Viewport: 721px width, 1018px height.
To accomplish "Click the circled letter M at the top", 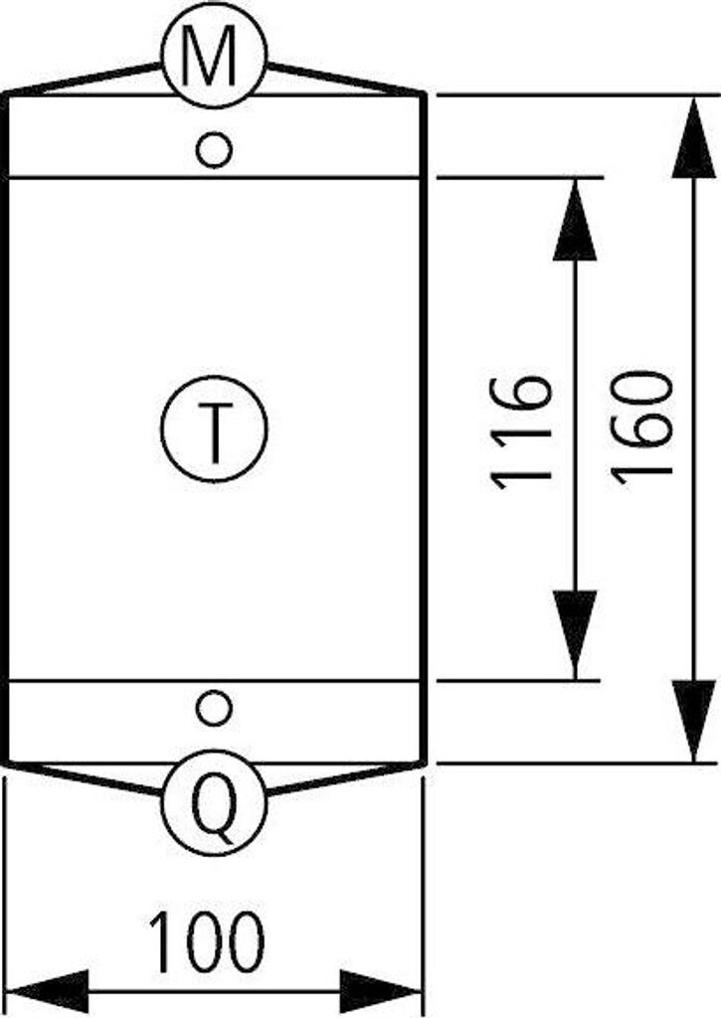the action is point(214,58).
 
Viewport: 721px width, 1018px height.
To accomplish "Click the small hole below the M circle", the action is point(214,150).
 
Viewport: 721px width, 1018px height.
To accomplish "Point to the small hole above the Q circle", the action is point(212,708).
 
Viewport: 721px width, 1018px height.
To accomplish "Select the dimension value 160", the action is point(640,427).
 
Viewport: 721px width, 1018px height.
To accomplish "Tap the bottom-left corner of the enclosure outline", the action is point(6,763).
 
